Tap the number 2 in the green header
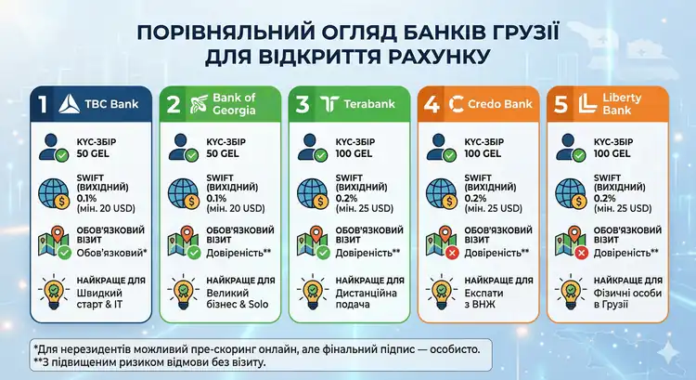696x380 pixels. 173,104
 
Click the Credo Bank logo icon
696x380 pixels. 458,104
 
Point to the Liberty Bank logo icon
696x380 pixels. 586,104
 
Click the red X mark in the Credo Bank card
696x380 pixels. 452,254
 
